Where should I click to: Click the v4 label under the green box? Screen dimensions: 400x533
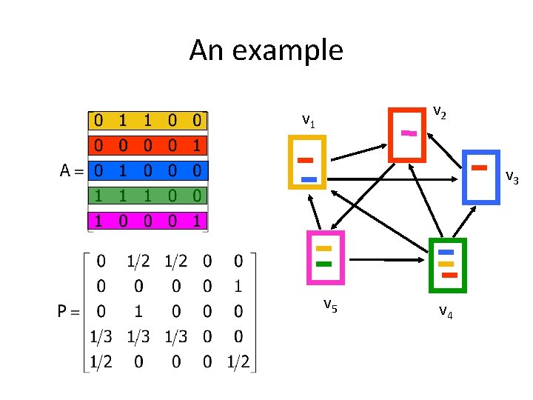(x=445, y=310)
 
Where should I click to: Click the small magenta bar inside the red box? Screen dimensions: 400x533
(x=409, y=133)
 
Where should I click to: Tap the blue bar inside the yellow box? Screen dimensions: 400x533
(x=309, y=179)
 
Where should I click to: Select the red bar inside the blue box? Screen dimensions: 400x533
(x=480, y=167)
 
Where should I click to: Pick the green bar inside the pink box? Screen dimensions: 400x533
(x=324, y=264)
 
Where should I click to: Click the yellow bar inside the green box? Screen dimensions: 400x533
(x=446, y=264)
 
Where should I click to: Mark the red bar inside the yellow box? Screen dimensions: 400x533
(x=305, y=160)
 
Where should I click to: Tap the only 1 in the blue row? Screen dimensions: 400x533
(x=123, y=170)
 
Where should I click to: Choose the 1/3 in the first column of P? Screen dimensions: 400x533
(x=101, y=336)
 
